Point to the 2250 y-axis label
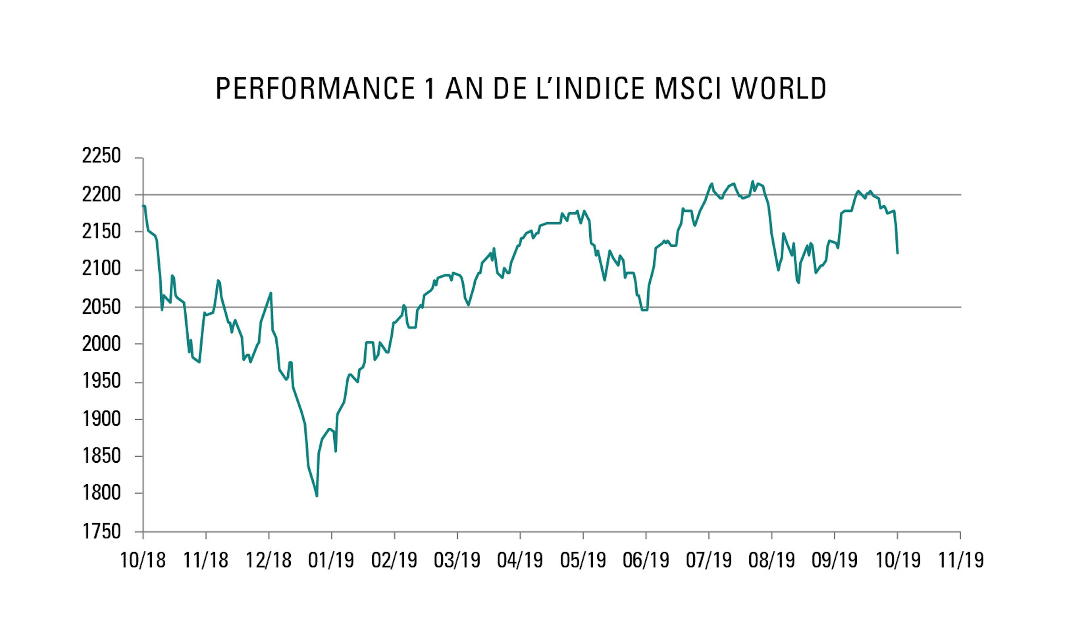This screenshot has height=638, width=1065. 102,156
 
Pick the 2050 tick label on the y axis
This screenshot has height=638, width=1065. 102,307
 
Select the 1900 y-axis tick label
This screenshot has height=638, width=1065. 102,419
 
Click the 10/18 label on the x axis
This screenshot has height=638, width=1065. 143,560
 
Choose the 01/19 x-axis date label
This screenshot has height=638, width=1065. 331,560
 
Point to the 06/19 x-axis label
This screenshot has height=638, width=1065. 646,560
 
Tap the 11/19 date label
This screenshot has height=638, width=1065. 960,560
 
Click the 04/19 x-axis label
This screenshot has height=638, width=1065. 520,560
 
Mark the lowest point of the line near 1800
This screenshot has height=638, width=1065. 317,496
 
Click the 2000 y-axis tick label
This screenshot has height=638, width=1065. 102,344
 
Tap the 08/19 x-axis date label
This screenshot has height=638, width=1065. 772,560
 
